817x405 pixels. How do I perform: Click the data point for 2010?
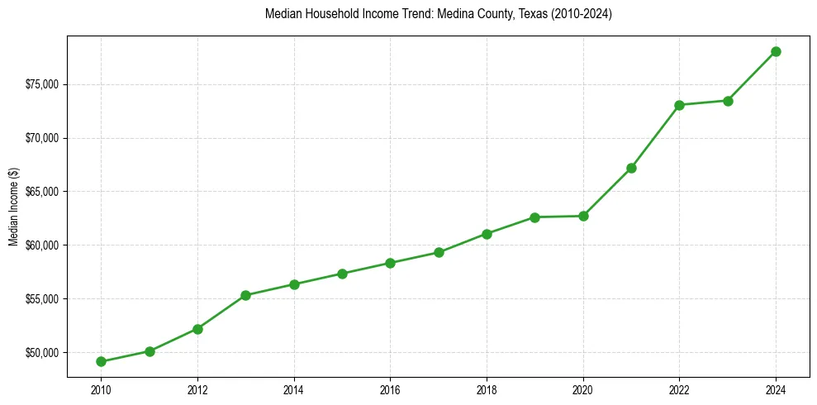tap(101, 361)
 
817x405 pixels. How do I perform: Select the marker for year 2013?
tap(245, 295)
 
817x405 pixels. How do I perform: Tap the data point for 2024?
tap(776, 51)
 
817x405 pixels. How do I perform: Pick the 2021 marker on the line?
tap(631, 168)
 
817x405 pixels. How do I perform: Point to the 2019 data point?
tap(534, 217)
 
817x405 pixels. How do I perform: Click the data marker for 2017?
tap(439, 252)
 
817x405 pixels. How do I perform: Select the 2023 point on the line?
tap(728, 101)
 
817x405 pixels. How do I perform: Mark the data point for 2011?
tap(150, 351)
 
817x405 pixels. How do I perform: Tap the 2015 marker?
tap(342, 274)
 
